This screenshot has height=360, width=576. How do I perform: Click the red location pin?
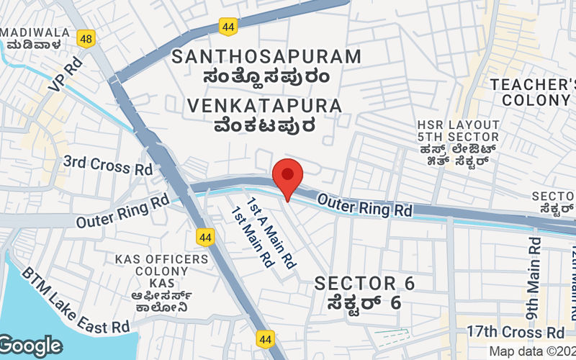[x=288, y=176]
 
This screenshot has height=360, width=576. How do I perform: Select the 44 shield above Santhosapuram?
[x=229, y=27]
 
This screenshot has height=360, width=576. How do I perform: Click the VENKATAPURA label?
[x=264, y=106]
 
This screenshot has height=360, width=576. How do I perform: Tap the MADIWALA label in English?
[x=35, y=32]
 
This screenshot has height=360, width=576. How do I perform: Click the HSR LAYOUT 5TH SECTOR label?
[x=458, y=128]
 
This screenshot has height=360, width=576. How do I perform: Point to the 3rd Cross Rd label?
[x=108, y=166]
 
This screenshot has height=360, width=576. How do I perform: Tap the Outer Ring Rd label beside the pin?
[x=364, y=206]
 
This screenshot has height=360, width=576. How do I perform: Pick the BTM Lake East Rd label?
[x=75, y=302]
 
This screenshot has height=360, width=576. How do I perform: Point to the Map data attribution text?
[x=532, y=351]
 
